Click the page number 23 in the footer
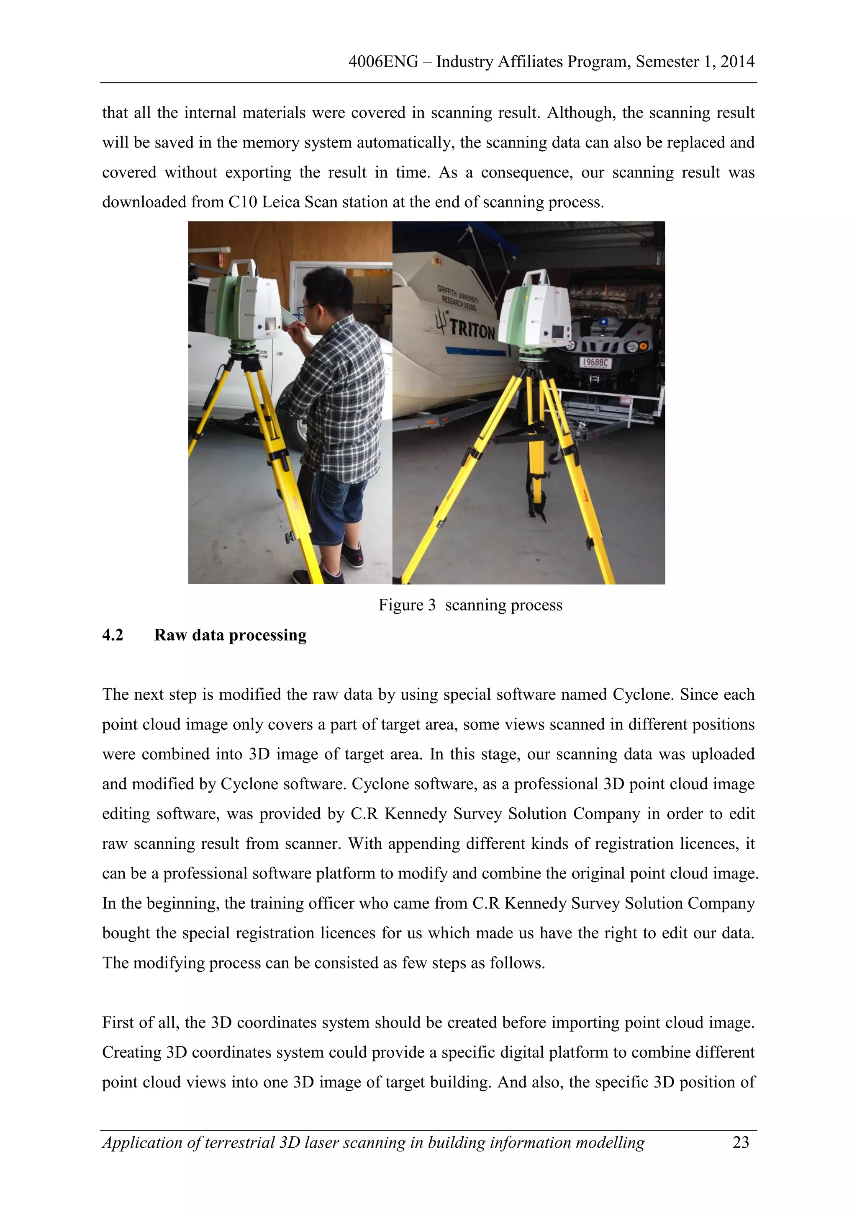[740, 1142]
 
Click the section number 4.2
[113, 634]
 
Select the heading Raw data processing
[230, 634]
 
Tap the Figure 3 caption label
[407, 605]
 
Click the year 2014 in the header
[737, 62]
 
